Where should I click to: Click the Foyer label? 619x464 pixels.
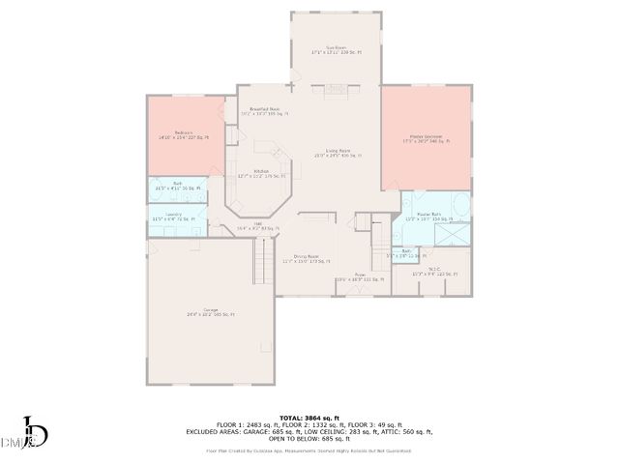(x=359, y=278)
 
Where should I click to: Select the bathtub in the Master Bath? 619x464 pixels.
(x=460, y=207)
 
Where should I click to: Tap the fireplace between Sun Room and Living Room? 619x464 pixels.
(x=336, y=90)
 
